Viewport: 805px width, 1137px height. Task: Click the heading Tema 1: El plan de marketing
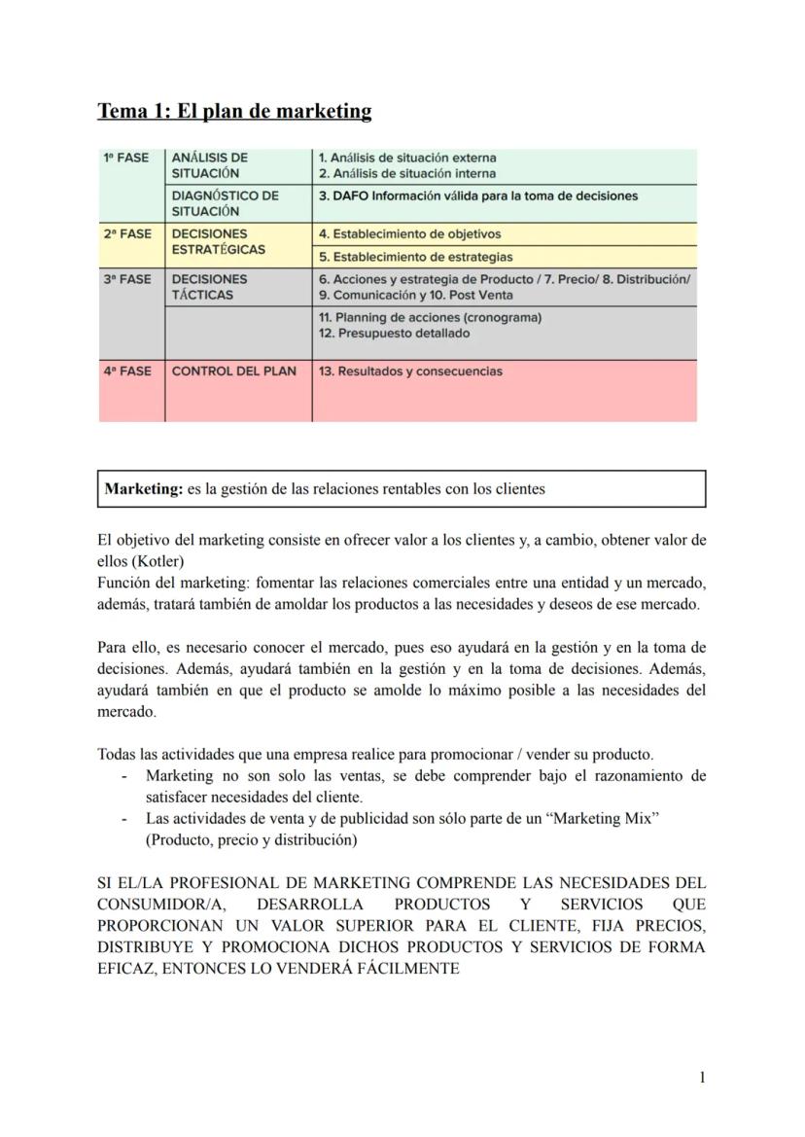[x=234, y=111]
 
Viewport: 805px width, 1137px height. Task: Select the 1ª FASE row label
[x=127, y=158]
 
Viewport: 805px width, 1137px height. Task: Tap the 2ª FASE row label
[x=127, y=233]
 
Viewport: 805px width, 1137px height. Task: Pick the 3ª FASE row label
[x=127, y=279]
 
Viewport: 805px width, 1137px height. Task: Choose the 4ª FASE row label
[x=127, y=371]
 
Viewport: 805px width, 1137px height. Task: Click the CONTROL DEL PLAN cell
[x=233, y=371]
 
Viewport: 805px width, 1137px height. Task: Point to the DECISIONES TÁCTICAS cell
[x=209, y=287]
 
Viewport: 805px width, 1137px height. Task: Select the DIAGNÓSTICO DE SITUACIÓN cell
[x=225, y=202]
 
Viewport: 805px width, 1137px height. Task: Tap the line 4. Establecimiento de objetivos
[x=409, y=233]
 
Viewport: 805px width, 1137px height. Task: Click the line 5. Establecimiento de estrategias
[x=415, y=257]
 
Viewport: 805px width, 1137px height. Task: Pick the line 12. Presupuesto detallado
[x=394, y=333]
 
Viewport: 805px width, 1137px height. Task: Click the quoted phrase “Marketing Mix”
[x=605, y=819]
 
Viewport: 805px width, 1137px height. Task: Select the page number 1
[x=702, y=1077]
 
